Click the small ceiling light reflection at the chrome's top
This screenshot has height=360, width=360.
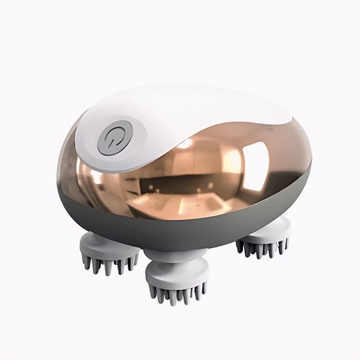186,143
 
